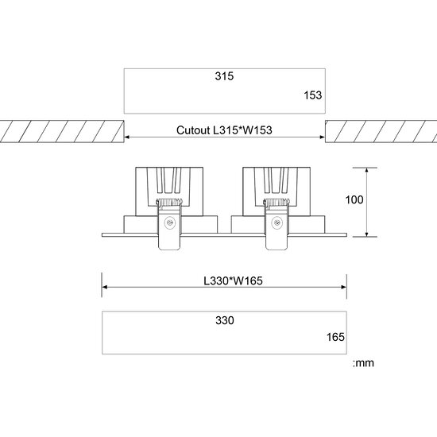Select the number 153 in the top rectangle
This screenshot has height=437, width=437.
point(314,95)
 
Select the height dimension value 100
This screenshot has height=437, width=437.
point(354,200)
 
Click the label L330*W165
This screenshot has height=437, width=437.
point(224,280)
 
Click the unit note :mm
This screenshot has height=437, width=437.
point(362,363)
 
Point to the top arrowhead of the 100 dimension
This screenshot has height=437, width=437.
point(366,170)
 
